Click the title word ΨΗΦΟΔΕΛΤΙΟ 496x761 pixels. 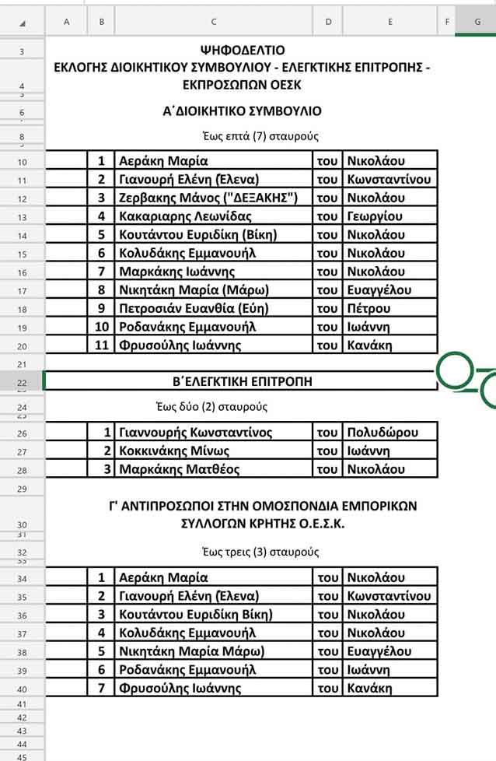coord(242,51)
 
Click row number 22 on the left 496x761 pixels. coord(22,382)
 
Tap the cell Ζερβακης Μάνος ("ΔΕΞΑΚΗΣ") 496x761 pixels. coord(208,198)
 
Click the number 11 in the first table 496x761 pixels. coord(101,345)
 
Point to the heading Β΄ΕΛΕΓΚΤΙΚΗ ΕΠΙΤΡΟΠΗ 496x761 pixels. coord(241,381)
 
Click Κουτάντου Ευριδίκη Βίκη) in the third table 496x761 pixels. coord(195,614)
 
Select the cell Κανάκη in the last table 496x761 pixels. coord(369,688)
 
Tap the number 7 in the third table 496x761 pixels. coord(101,688)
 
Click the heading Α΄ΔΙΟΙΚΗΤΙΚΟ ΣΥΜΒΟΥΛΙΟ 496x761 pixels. coord(242,111)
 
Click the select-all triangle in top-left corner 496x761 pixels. coord(23,23)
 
